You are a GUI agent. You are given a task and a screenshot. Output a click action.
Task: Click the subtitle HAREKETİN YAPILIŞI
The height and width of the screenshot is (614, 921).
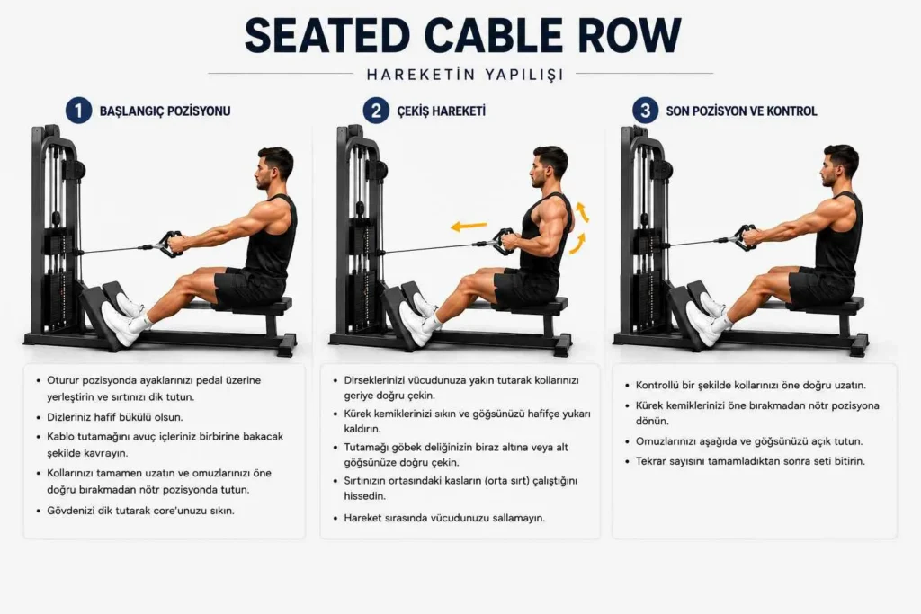click(465, 76)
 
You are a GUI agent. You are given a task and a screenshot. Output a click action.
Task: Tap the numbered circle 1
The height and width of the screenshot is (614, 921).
click(79, 111)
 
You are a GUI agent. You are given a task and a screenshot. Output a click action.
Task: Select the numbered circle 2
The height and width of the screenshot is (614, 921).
click(376, 111)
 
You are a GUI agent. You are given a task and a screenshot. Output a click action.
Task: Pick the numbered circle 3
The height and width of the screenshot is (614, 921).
click(645, 111)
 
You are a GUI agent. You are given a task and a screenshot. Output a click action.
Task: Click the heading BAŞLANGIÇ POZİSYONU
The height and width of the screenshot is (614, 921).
click(165, 111)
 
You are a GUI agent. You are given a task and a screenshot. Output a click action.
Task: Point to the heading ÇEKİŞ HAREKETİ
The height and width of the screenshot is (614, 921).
click(441, 111)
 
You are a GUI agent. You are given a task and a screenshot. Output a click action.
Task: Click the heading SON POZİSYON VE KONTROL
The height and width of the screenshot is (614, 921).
click(741, 111)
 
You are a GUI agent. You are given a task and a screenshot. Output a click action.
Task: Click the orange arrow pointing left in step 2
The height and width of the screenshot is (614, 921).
click(469, 226)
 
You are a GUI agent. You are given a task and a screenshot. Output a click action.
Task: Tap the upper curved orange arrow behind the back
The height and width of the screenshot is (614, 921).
click(583, 211)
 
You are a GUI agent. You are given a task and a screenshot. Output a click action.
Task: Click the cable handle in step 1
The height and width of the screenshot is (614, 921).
click(167, 244)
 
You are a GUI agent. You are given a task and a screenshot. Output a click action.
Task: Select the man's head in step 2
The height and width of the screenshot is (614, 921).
click(550, 166)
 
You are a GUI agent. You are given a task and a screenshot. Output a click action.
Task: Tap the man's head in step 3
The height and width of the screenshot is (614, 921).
click(840, 165)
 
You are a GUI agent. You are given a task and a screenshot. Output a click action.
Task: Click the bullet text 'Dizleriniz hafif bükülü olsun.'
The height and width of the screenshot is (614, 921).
click(115, 417)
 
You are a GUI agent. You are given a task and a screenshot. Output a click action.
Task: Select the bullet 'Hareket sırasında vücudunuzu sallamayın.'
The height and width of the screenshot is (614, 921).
click(444, 519)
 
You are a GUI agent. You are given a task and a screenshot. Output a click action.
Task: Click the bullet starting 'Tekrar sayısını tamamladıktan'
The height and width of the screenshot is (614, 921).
click(751, 461)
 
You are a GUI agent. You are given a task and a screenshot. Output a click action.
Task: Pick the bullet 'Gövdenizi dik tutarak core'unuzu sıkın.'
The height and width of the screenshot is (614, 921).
click(140, 511)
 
